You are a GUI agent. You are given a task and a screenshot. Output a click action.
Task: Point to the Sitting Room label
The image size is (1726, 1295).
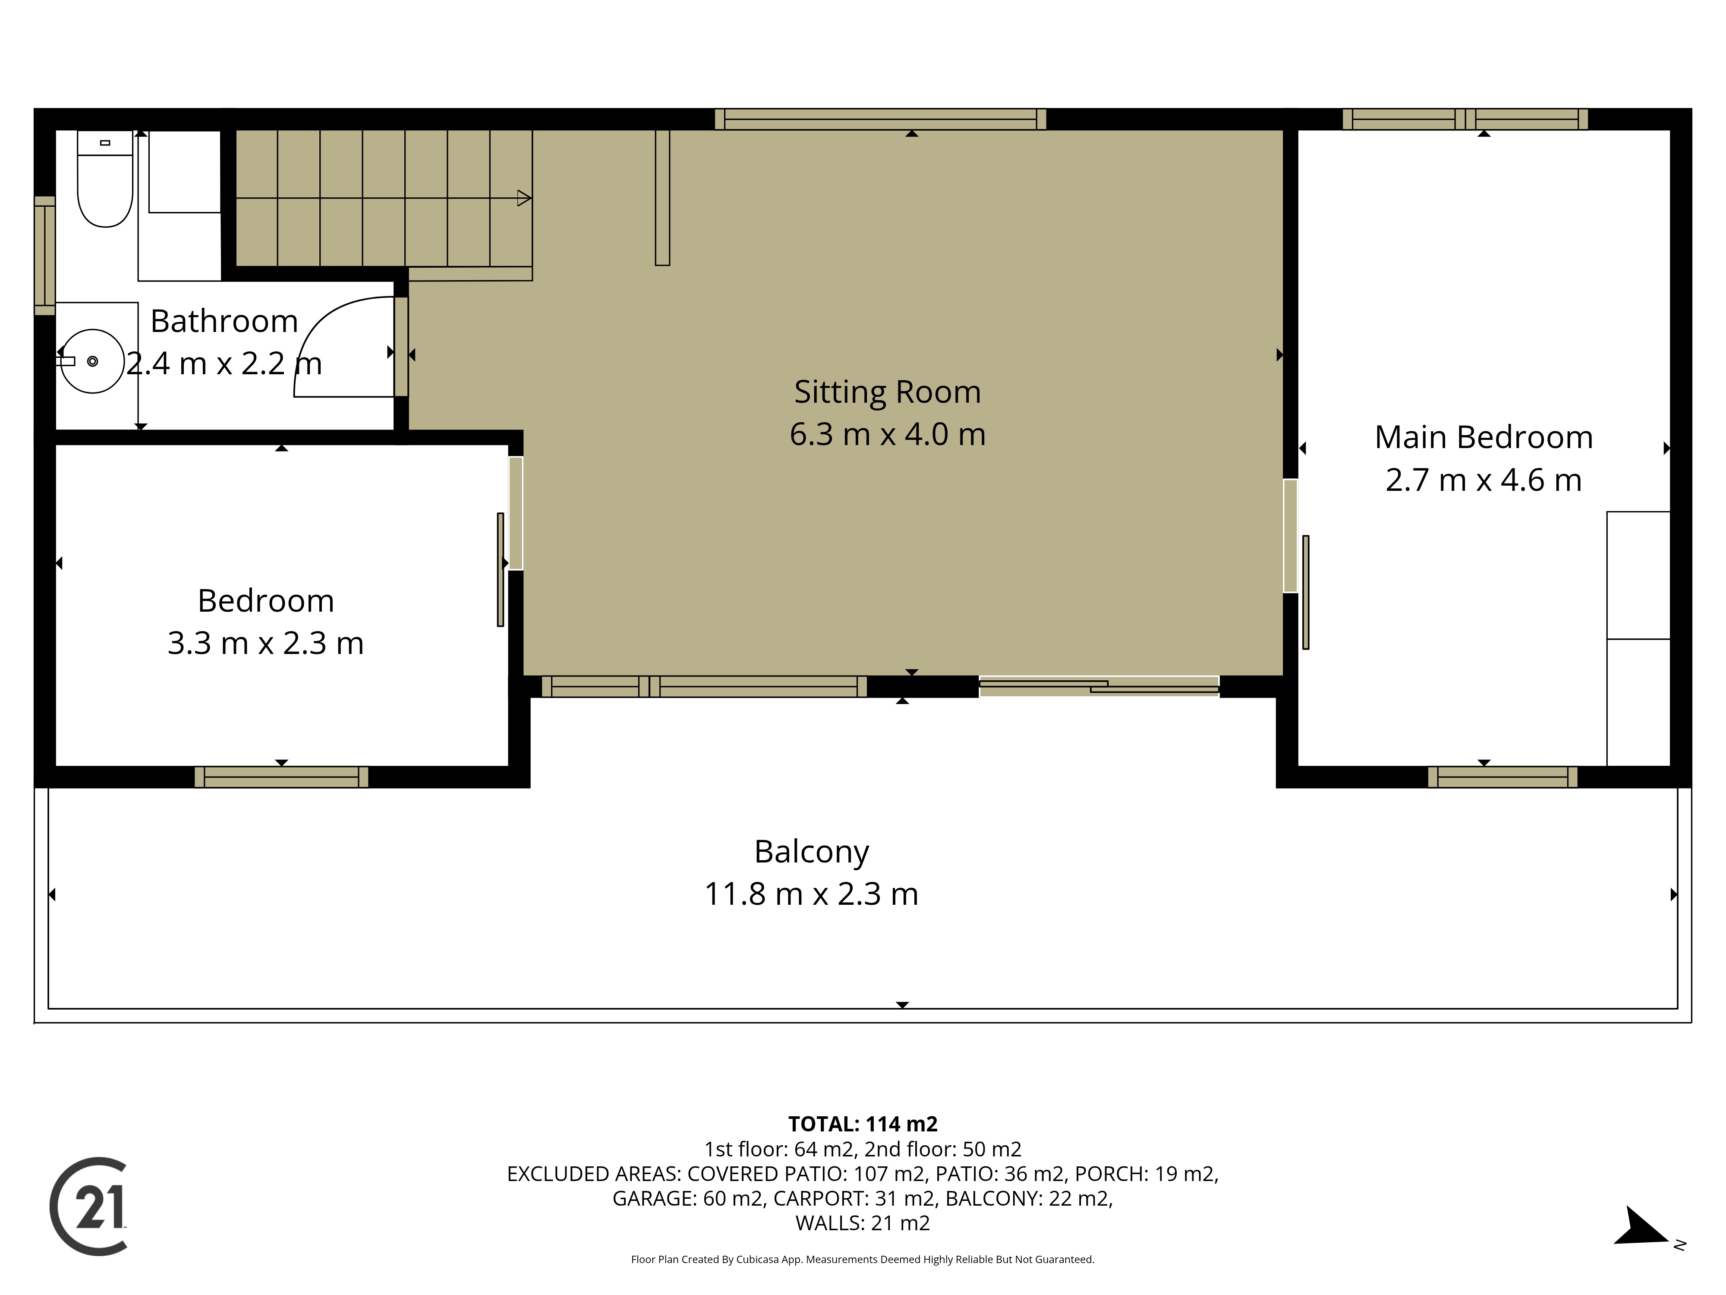click(x=887, y=392)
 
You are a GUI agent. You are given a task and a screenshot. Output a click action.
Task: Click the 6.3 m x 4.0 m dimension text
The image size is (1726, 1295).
click(x=887, y=434)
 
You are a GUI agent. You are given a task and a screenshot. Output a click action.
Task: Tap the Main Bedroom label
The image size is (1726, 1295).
click(x=1483, y=437)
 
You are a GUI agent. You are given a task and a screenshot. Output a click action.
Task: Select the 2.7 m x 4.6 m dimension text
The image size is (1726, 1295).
click(x=1483, y=480)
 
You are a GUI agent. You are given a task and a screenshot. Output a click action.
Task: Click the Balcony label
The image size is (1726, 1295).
click(x=812, y=852)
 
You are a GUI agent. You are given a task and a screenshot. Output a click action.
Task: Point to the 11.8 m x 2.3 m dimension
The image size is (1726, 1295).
click(x=812, y=894)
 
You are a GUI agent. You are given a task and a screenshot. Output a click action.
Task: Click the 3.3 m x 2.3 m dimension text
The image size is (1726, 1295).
click(x=265, y=643)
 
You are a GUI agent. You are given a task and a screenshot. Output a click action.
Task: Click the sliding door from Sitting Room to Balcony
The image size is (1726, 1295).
click(x=1099, y=686)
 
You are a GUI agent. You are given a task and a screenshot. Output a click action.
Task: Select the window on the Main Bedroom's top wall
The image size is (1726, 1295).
click(x=1465, y=120)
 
